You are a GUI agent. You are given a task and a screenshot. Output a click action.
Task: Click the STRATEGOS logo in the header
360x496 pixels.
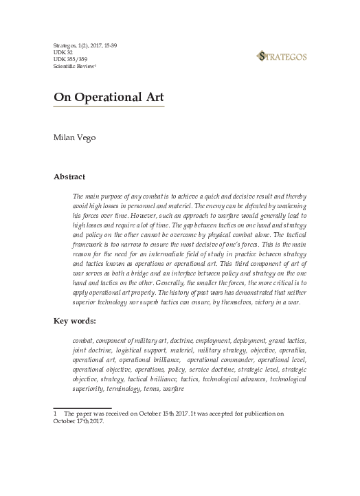[x=282, y=56]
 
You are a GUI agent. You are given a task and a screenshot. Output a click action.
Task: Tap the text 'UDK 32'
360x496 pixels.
[x=63, y=52]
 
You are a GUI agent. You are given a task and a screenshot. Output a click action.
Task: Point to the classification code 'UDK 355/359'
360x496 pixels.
[x=71, y=60]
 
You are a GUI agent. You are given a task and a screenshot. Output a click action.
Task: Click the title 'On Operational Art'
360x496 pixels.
[x=109, y=98]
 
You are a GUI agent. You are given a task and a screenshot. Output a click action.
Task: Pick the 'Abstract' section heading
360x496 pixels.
[x=69, y=177]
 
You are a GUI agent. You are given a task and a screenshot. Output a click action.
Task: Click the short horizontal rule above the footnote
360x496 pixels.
[x=82, y=407]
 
